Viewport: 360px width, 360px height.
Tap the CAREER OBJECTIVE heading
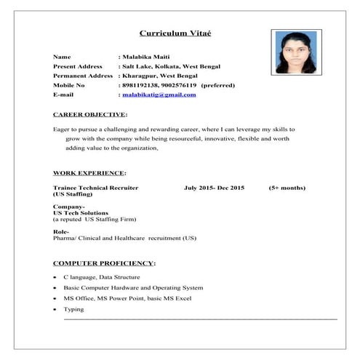pyautogui.click(x=90, y=115)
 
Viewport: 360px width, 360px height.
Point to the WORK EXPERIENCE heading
pyautogui.click(x=89, y=173)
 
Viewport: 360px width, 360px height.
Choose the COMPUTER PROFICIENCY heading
pyautogui.click(x=105, y=263)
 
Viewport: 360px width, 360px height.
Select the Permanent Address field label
pyautogui.click(x=83, y=76)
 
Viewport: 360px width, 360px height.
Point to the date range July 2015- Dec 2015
pyautogui.click(x=215, y=188)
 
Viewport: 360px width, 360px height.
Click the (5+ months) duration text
pyautogui.click(x=287, y=188)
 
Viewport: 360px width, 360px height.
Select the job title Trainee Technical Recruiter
pyautogui.click(x=96, y=188)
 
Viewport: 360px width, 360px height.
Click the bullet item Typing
pyautogui.click(x=73, y=309)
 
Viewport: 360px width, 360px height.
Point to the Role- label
pyautogui.click(x=60, y=231)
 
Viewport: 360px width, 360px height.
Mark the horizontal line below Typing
pyautogui.click(x=201, y=319)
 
